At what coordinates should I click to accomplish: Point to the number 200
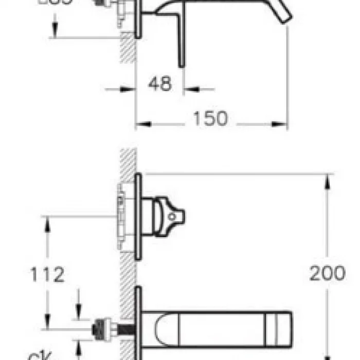pos(327,273)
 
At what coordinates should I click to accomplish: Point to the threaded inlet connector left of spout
pos(105,328)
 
